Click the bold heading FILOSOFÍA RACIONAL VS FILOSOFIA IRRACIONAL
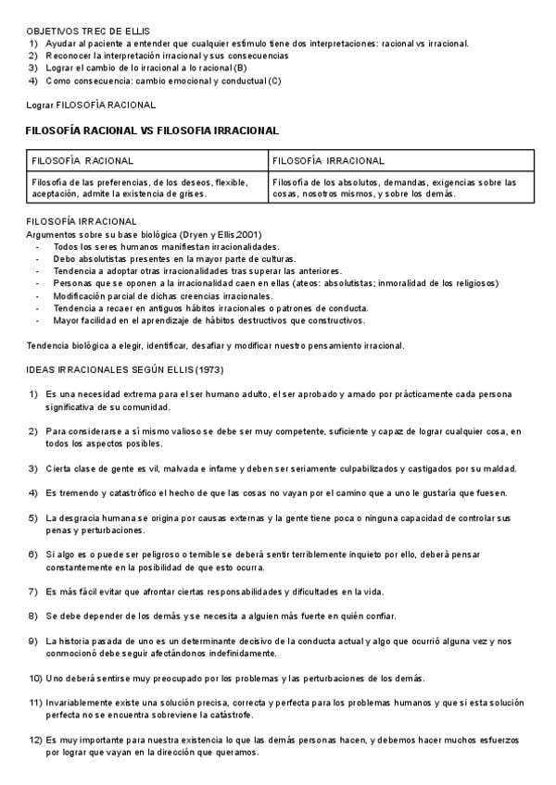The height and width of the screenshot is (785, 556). click(152, 131)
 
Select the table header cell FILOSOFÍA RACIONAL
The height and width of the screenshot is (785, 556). click(82, 162)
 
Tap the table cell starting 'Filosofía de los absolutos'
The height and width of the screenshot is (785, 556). click(395, 189)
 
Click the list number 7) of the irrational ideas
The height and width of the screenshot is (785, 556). click(33, 592)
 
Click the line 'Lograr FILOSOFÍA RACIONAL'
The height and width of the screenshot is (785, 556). click(91, 106)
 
